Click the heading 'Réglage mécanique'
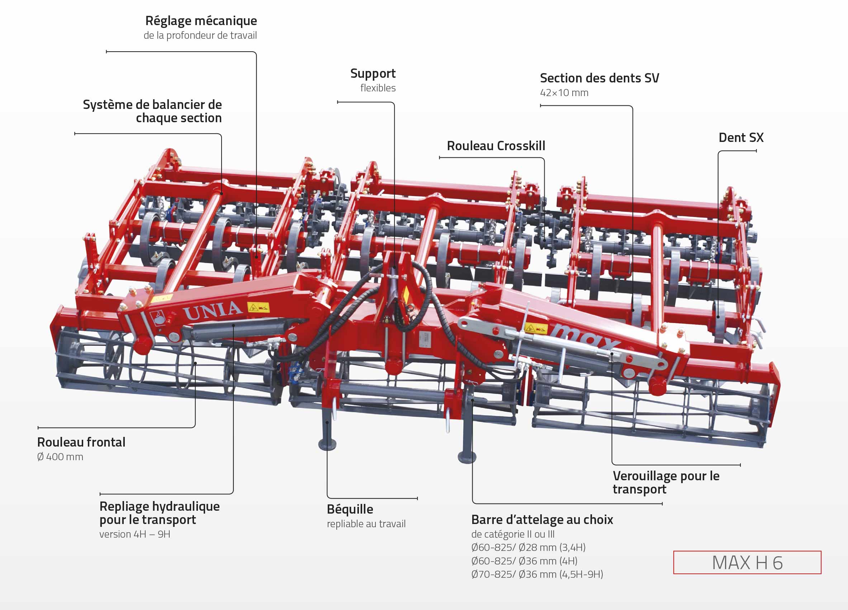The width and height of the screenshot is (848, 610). (201, 21)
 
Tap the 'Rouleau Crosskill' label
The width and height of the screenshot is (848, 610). (496, 146)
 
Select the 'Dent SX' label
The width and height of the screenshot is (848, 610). (741, 138)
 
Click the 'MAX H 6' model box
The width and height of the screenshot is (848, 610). (747, 563)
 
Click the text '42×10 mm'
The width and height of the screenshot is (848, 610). (564, 93)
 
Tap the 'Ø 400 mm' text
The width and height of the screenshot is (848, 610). (60, 457)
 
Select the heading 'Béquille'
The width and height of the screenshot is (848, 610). (350, 509)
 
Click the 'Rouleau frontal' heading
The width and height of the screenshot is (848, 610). (81, 443)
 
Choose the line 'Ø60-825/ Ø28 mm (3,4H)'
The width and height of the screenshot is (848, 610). (528, 548)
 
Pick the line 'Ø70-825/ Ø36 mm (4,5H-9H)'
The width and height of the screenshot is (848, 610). (537, 575)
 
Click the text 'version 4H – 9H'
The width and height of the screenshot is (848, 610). (134, 534)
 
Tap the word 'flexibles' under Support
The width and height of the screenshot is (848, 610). (378, 88)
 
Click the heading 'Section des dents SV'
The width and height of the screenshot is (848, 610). (599, 78)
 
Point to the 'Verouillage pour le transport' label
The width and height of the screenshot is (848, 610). (665, 482)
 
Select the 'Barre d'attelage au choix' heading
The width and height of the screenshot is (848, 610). (542, 520)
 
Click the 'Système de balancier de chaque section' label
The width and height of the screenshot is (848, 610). (152, 111)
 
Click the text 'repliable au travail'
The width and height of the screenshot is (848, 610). (366, 524)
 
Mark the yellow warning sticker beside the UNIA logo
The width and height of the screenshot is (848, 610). (259, 308)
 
